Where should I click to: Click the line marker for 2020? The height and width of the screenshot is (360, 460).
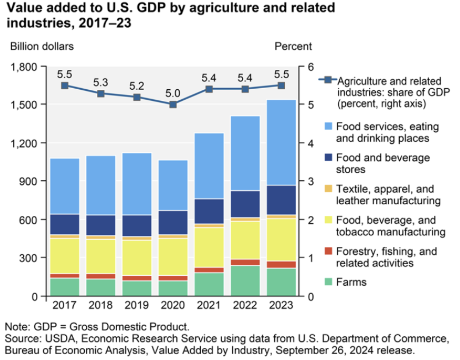pos(173,104)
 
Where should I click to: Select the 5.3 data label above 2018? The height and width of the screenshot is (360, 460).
pos(100,82)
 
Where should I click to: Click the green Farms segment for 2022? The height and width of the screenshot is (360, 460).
pos(245,280)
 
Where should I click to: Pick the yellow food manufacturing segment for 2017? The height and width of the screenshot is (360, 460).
pos(65,256)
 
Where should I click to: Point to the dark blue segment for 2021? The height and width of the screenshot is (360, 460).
pos(209,211)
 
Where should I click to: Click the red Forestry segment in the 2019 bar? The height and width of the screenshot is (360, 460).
pos(137,278)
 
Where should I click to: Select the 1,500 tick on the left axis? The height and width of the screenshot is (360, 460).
pos(24,105)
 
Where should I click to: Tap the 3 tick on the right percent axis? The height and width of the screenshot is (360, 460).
pos(311,181)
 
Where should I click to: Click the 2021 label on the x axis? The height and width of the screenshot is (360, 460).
pos(209,305)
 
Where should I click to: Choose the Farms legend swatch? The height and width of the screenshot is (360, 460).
pos(328,282)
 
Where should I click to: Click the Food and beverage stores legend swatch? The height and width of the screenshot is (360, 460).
pos(328,157)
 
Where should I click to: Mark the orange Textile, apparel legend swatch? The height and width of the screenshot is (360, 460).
pos(328,188)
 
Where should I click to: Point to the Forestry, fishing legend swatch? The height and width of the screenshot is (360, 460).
pos(328,251)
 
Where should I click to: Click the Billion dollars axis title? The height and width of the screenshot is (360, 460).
pos(42,46)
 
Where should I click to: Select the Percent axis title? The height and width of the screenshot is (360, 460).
pos(293,46)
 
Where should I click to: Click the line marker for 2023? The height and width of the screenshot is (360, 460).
pos(281,86)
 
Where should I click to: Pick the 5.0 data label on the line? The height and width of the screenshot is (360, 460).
pos(173,93)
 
